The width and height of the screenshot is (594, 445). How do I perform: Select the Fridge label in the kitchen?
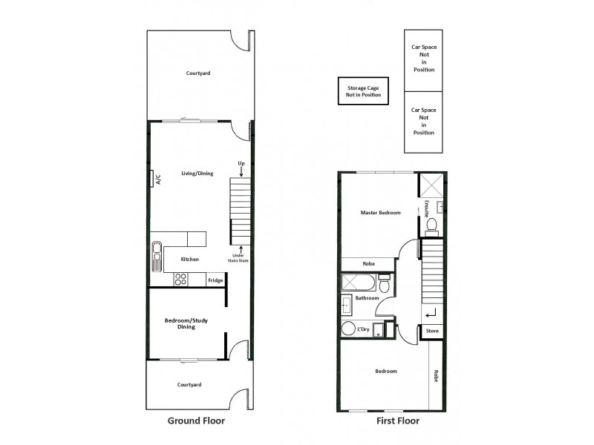coord(215,280)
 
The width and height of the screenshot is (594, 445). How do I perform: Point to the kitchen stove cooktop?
coord(180,280)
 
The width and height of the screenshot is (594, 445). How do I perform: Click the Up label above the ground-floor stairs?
coord(241,163)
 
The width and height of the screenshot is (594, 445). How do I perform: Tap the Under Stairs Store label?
coord(238,257)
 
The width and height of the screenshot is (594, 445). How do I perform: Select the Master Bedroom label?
coord(380,213)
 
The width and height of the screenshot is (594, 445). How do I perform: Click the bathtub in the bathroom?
coord(359,283)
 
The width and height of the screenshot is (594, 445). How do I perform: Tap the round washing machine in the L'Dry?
coord(348,329)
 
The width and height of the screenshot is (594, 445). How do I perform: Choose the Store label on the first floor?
coord(433,331)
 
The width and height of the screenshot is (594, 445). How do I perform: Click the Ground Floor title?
coord(196,421)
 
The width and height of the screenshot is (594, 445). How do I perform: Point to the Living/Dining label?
coord(197,174)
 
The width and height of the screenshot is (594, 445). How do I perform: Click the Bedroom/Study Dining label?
coord(186,323)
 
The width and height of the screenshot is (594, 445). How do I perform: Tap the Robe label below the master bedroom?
coord(368,263)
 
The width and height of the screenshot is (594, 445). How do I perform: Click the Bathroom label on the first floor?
coord(367,298)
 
